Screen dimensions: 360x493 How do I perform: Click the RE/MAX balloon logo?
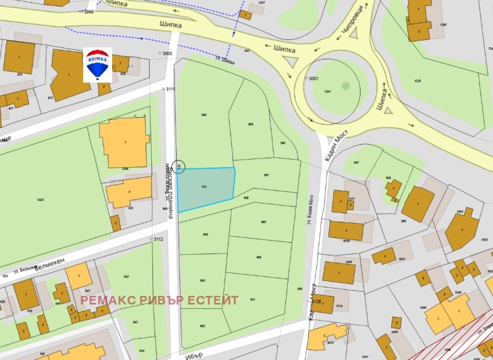coord(97,65)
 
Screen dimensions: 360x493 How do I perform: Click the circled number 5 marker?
coord(179,166)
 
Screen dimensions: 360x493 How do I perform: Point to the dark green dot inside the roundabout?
coord(346,84)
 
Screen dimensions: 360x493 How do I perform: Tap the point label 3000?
coord(167,54)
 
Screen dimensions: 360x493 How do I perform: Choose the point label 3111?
coord(170,89)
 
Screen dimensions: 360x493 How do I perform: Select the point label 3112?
coord(158,239)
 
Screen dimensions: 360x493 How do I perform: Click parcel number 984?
coord(203,115)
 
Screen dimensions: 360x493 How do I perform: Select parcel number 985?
coord(250,125)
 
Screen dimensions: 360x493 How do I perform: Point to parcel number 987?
coord(266,175)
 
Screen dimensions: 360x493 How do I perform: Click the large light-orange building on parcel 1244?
coord(124,142)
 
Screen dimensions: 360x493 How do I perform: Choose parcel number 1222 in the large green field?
coord(41,200)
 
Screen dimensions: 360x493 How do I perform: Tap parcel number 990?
coord(259,257)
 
